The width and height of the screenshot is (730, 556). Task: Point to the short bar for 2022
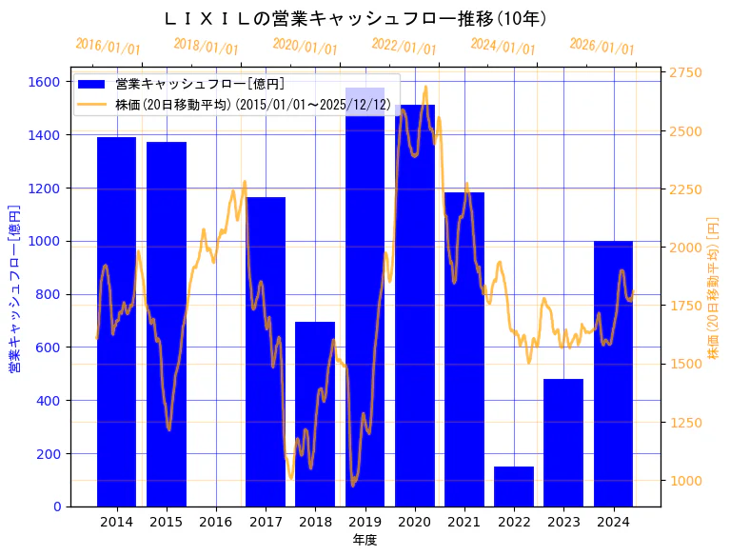[x=514, y=486]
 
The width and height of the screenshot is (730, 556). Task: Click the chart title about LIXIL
[x=355, y=18]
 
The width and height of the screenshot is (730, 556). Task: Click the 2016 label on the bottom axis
[x=216, y=522]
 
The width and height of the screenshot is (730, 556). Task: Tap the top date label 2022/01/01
[x=404, y=48]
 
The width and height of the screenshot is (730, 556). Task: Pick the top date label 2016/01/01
[x=108, y=48]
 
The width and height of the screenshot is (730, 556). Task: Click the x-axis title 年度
[x=365, y=540]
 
